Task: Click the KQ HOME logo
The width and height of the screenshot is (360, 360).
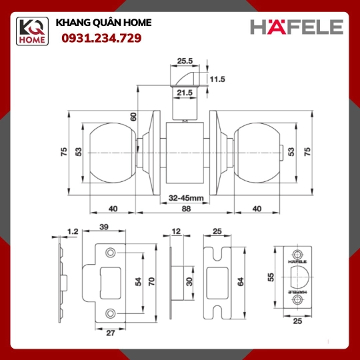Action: [32, 31]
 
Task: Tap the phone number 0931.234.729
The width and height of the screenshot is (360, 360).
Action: [101, 38]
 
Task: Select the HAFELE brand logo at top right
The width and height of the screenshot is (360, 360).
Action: [297, 27]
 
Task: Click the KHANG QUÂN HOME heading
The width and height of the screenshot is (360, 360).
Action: [103, 23]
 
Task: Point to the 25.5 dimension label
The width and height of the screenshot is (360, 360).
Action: [185, 61]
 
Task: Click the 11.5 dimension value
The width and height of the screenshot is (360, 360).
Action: [217, 79]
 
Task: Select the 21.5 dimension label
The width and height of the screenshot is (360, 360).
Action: [185, 93]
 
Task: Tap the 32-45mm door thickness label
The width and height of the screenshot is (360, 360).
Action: [186, 198]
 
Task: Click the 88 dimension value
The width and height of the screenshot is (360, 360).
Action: [186, 209]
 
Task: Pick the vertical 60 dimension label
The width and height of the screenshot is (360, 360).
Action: [133, 117]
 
